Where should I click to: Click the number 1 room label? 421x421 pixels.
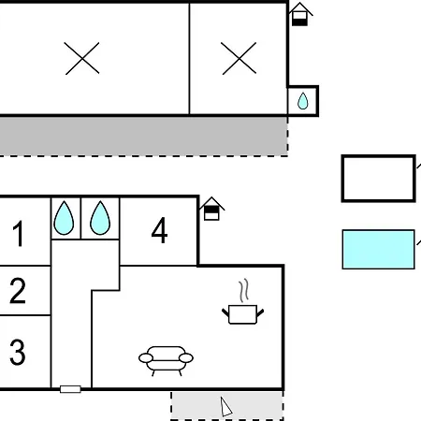tap(19, 233)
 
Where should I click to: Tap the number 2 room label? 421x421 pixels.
tap(18, 291)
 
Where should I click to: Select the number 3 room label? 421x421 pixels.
tap(18, 352)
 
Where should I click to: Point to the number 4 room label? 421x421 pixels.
tap(159, 230)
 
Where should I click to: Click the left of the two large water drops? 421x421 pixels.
tap(64, 218)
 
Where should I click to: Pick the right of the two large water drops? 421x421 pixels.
tap(100, 218)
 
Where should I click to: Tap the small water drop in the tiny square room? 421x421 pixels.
tap(302, 101)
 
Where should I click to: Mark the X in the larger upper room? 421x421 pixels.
tap(82, 58)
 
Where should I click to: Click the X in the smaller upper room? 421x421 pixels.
tap(240, 58)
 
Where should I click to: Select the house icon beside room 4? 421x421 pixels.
tap(211, 209)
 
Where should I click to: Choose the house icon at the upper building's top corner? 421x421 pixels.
tap(299, 14)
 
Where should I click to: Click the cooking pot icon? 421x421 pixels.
tap(243, 314)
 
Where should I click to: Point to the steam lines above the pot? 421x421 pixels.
tap(244, 290)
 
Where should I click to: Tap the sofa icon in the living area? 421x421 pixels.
tap(166, 361)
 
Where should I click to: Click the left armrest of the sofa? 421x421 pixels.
tap(146, 358)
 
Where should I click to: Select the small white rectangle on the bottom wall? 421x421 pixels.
tap(70, 389)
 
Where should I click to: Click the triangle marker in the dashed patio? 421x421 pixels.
tap(225, 407)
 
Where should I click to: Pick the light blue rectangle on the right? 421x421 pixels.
tap(378, 250)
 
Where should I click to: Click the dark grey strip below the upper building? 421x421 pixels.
tap(143, 136)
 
